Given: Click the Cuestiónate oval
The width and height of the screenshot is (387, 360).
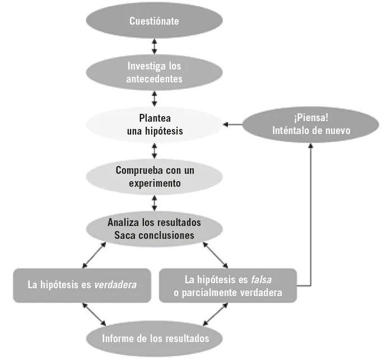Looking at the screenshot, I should [x=154, y=21].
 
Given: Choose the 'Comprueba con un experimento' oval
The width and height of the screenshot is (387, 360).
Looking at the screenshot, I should [x=154, y=176].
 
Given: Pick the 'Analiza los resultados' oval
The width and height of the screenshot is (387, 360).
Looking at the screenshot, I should [x=154, y=228].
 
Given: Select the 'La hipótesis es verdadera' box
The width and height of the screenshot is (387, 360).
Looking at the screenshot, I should [x=82, y=285].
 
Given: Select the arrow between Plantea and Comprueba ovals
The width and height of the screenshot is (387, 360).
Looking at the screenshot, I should [x=154, y=150].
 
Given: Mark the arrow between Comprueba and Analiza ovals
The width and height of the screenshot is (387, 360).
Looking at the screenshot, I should [x=154, y=202].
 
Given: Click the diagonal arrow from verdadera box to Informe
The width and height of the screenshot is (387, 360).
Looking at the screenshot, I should [x=94, y=314].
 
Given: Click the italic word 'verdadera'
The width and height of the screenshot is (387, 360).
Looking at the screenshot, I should [x=115, y=285].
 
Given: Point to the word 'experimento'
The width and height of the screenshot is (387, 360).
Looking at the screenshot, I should [x=154, y=183].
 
